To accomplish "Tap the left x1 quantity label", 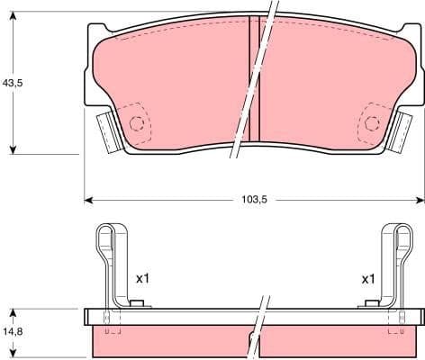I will coord(142,279).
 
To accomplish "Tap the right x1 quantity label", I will coord(367,279).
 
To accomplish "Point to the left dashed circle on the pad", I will coord(138,125).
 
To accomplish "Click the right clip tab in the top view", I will coord(403,130).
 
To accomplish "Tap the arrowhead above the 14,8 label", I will coord(14,314).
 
